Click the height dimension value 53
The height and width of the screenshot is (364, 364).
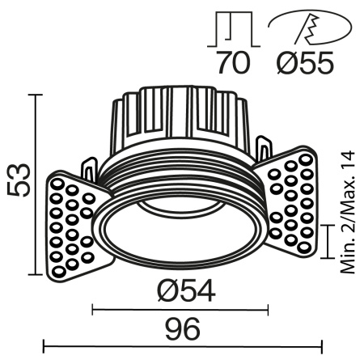(19, 180)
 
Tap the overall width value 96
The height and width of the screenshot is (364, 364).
(182, 329)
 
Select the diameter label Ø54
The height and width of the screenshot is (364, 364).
(181, 290)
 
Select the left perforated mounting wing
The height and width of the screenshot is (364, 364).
(74, 222)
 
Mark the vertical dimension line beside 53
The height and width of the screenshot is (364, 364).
(36, 184)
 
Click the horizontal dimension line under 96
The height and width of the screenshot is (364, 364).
(182, 348)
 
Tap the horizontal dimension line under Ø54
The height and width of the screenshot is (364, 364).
(180, 308)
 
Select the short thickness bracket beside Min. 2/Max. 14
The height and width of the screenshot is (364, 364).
(326, 239)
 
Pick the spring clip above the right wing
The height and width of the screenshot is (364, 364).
(264, 149)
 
